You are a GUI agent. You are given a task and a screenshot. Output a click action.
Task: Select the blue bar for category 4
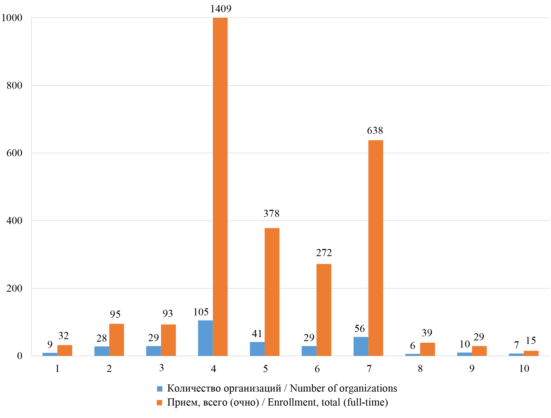click(x=205, y=338)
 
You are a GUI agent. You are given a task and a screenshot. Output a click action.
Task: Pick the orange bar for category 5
click(x=272, y=292)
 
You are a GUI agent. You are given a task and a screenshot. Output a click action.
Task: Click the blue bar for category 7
click(x=361, y=346)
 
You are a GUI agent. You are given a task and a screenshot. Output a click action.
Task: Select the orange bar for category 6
click(x=324, y=310)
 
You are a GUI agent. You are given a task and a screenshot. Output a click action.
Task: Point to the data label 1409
click(x=221, y=9)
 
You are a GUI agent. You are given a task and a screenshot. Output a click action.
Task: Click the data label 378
click(x=271, y=213)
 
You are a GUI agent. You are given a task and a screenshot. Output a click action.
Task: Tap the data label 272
click(x=324, y=253)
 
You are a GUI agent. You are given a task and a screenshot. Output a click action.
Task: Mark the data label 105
click(x=201, y=312)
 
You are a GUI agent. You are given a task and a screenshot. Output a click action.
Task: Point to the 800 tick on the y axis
click(x=15, y=86)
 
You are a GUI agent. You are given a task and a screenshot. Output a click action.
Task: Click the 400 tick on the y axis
click(x=15, y=221)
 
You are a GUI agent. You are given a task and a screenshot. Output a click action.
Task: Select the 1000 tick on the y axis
click(x=12, y=18)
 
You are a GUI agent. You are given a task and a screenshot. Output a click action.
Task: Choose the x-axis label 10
click(x=524, y=369)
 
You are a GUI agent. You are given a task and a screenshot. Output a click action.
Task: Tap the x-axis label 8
click(x=420, y=369)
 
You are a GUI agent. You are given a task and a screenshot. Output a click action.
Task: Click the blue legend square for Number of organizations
click(x=160, y=389)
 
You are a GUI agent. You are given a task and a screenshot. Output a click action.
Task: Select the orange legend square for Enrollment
click(x=160, y=403)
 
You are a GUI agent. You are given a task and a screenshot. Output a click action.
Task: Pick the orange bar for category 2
click(x=117, y=340)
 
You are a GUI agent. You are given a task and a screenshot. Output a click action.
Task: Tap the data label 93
click(x=168, y=313)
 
